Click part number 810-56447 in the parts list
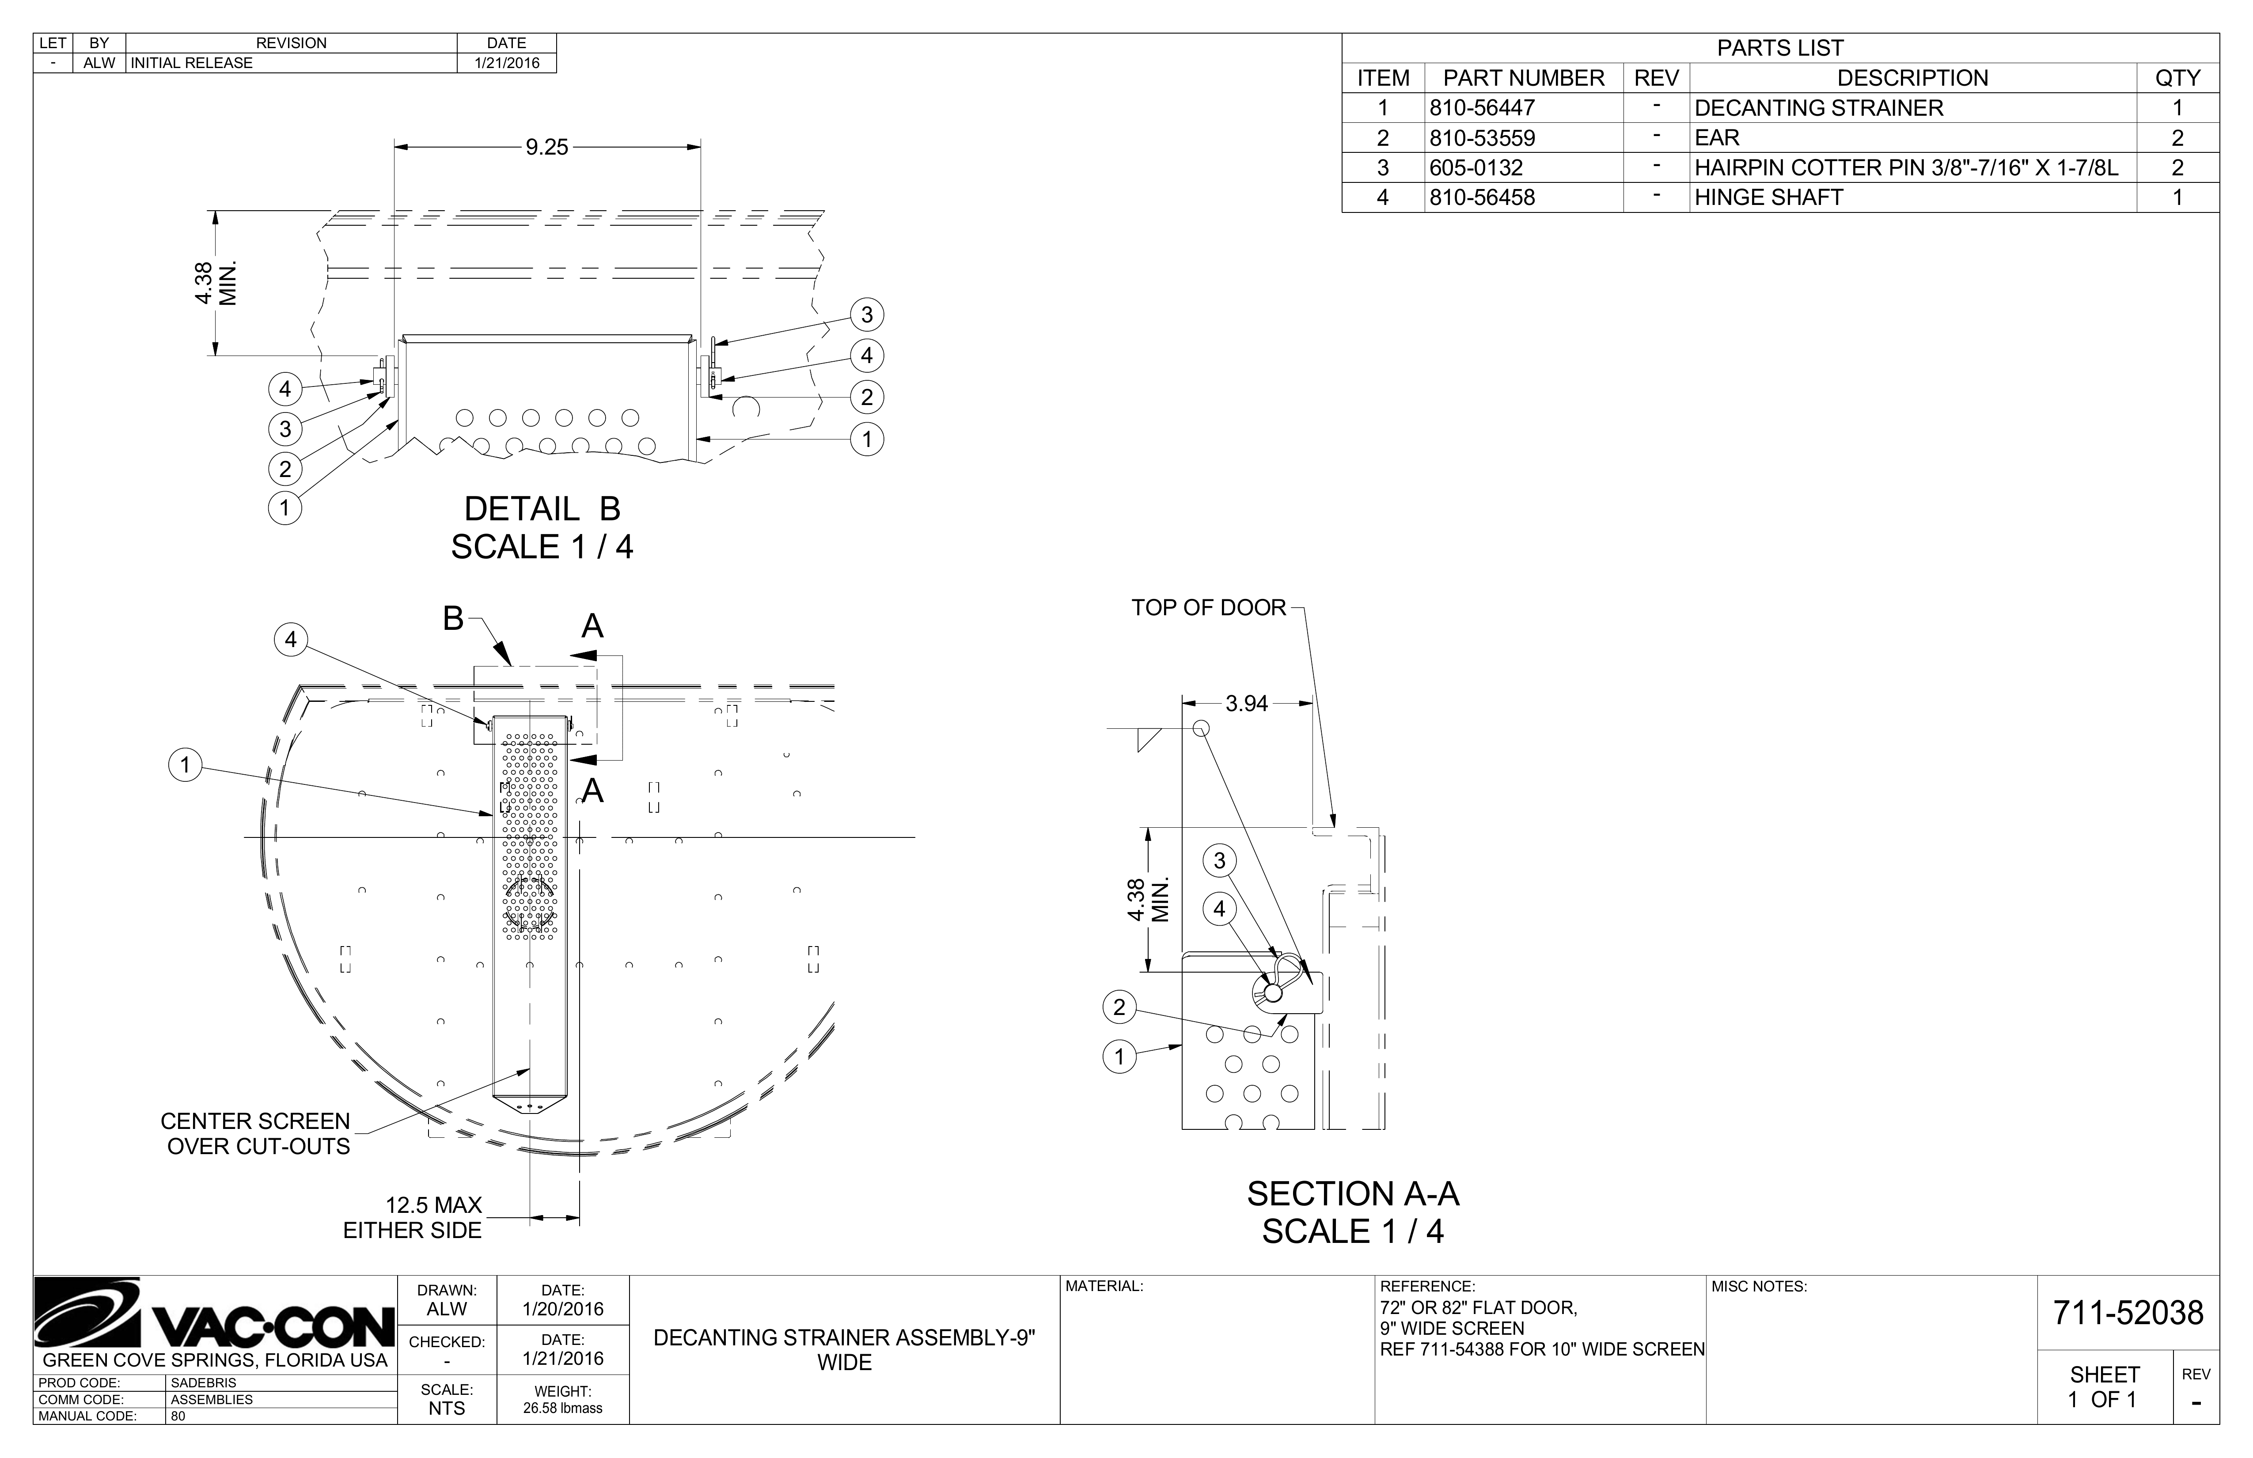pyautogui.click(x=1483, y=108)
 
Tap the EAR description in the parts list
pyautogui.click(x=1717, y=138)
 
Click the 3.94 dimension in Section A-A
pyautogui.click(x=1247, y=704)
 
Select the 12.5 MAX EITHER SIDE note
pyautogui.click(x=413, y=1218)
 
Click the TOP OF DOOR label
pyautogui.click(x=1209, y=608)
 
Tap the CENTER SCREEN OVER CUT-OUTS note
pyautogui.click(x=256, y=1133)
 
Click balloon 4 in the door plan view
pyautogui.click(x=291, y=640)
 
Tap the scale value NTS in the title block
pyautogui.click(x=447, y=1408)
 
